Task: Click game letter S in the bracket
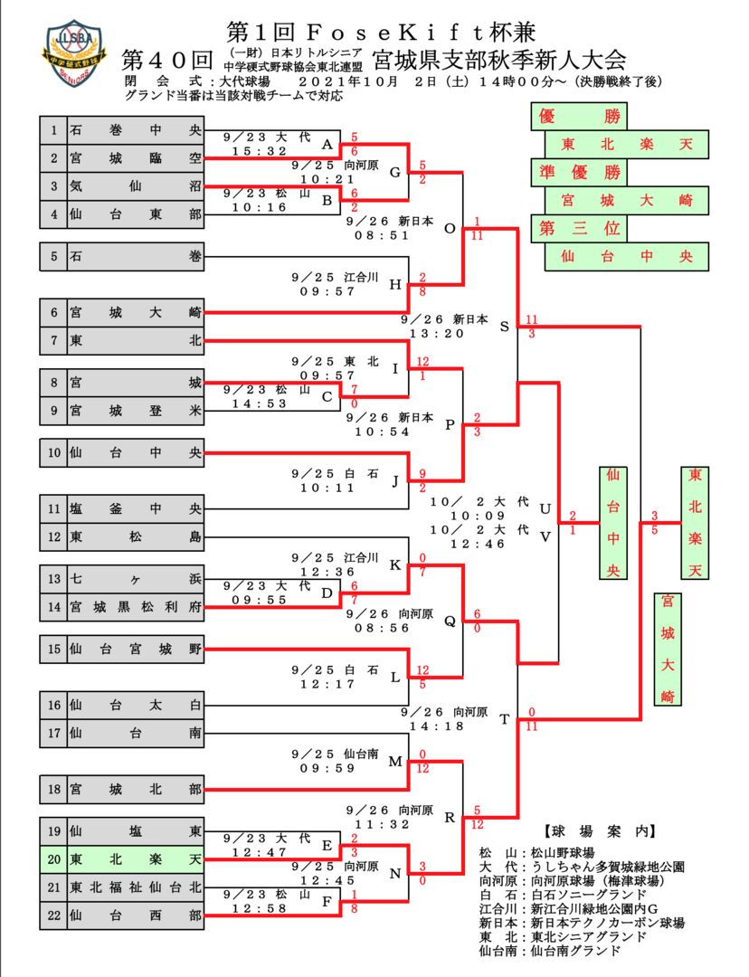coord(504,327)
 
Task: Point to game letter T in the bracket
coord(504,720)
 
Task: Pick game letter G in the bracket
coord(394,173)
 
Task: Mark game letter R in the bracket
coord(450,818)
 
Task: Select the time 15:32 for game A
coord(259,151)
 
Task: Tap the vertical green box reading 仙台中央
coord(612,523)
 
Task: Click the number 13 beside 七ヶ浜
coord(54,578)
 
